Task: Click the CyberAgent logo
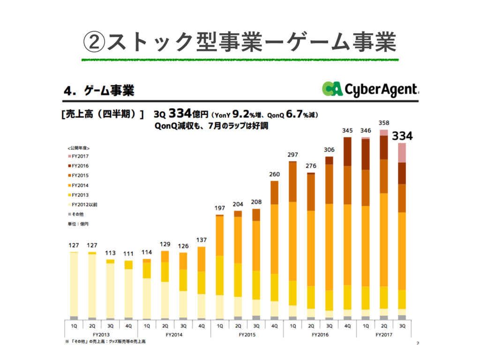(370, 89)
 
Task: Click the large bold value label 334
(402, 136)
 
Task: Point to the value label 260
(274, 174)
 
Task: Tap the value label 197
(220, 208)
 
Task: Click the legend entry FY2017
(80, 156)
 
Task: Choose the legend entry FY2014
(80, 185)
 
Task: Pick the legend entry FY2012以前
(84, 205)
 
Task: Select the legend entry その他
(77, 214)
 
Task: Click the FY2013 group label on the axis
(101, 335)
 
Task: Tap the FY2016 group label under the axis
(320, 335)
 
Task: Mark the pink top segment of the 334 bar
(402, 153)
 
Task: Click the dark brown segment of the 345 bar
(347, 151)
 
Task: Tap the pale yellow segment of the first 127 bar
(74, 284)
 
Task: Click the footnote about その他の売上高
(105, 342)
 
